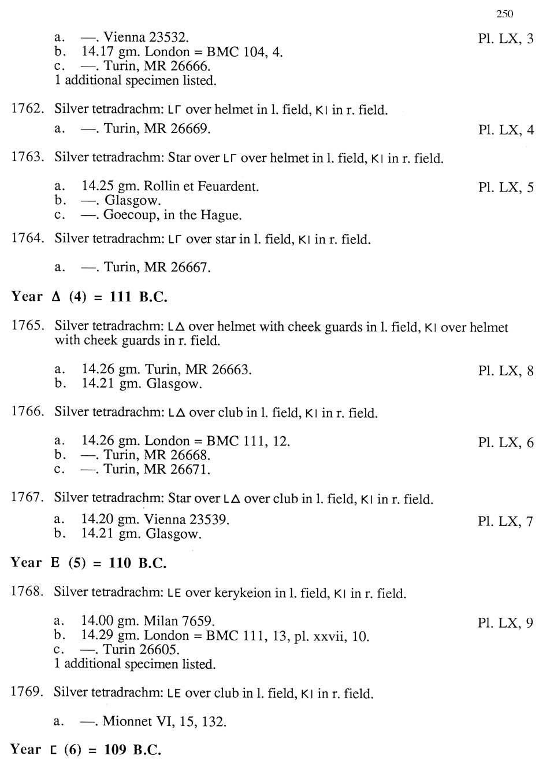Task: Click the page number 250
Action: (504, 14)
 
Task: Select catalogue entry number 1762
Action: (27, 109)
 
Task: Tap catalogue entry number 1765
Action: (27, 326)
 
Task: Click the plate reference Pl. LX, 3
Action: (505, 39)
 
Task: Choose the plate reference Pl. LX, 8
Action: (505, 371)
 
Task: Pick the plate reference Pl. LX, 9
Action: (505, 623)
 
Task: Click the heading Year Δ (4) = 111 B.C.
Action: (89, 297)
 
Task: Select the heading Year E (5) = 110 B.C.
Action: (88, 563)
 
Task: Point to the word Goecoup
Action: (131, 215)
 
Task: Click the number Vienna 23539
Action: (187, 519)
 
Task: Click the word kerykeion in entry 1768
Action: (243, 593)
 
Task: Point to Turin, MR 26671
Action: (157, 469)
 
